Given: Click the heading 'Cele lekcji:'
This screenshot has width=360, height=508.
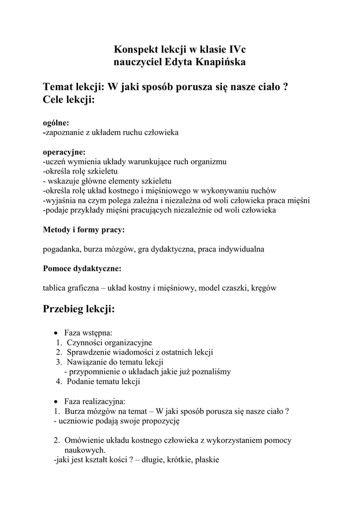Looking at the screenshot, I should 69,99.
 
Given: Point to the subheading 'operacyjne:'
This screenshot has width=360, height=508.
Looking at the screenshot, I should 64,152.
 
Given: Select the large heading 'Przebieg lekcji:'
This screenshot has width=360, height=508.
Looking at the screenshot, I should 79,310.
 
